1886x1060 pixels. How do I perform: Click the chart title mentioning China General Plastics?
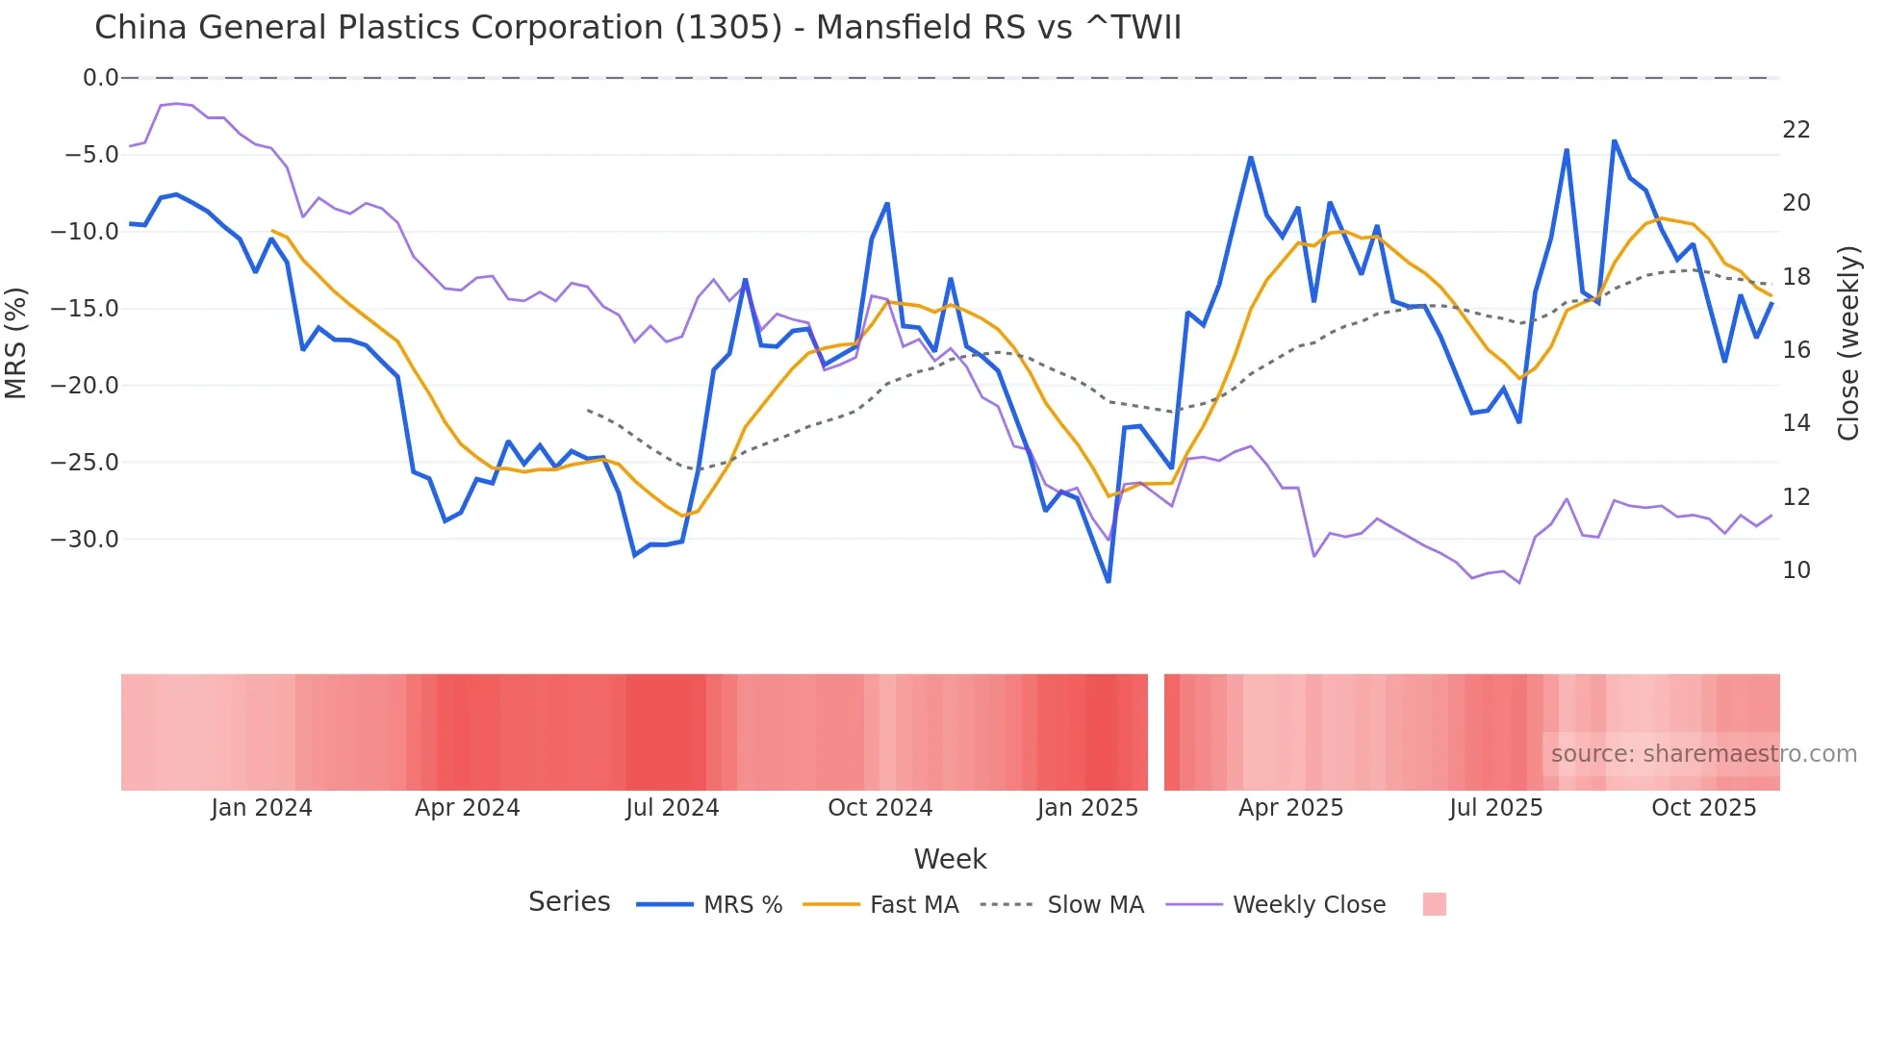pos(637,28)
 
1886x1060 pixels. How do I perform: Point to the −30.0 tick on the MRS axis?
pos(85,540)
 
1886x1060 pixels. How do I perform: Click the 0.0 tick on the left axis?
pos(100,78)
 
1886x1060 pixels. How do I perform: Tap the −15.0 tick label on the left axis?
pos(85,309)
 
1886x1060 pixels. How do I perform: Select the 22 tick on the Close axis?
pos(1796,130)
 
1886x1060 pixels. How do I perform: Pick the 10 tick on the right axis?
pos(1796,570)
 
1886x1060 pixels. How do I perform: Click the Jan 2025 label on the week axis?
pos(1087,808)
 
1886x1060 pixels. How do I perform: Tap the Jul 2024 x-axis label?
pos(672,808)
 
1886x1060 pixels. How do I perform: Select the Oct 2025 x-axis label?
pos(1703,808)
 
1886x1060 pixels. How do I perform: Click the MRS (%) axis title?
pos(16,342)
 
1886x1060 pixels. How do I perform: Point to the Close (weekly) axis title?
pos(1848,343)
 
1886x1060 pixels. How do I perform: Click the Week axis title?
pos(950,859)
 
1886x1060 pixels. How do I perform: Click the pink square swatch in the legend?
pos(1434,904)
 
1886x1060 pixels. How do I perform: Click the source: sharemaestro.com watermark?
pos(1703,754)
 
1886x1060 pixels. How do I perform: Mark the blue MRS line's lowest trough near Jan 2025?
pos(1109,581)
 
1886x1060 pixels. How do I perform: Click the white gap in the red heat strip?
pos(1156,732)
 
